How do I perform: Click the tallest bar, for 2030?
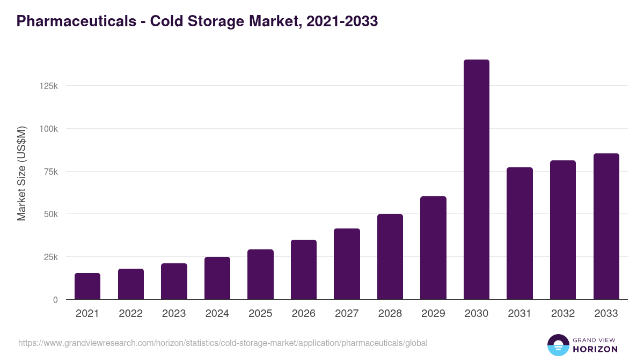coord(476,180)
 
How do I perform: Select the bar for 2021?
coord(87,286)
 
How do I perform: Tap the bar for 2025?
coord(260,275)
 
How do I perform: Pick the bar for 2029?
coord(433,248)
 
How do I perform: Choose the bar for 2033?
coord(606,226)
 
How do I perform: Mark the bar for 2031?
coord(519,233)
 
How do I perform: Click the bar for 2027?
coord(347,264)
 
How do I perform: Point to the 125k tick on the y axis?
coord(49,86)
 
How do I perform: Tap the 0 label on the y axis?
coord(55,300)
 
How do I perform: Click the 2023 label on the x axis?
coord(174,314)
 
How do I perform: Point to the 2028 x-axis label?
coord(390,314)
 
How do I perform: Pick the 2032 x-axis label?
coord(563,314)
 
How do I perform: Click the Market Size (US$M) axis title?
coord(21,173)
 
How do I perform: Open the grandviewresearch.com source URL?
coord(223,343)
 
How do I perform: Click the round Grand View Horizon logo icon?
coord(558,345)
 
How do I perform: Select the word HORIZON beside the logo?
coord(595,349)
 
